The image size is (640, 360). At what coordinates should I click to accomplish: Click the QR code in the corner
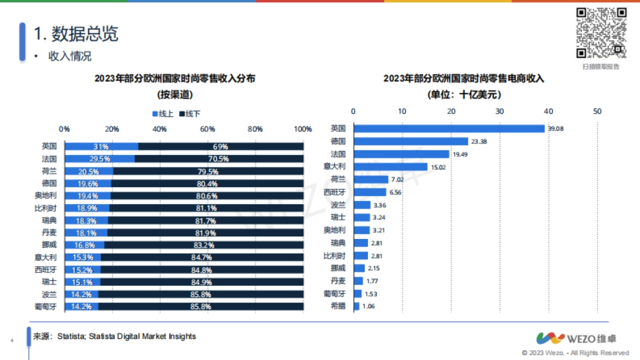click(601, 33)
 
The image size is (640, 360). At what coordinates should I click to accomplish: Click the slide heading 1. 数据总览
click(76, 34)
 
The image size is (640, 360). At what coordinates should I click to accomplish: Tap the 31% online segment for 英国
click(101, 147)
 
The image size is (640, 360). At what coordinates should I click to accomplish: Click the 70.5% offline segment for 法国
click(219, 159)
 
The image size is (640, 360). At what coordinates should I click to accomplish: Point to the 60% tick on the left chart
click(207, 129)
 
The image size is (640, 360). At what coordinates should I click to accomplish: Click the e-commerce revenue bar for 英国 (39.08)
click(449, 129)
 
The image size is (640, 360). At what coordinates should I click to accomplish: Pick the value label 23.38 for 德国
click(478, 141)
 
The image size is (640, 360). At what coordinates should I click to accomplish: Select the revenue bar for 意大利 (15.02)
click(390, 167)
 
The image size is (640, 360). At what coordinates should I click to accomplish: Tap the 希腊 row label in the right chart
click(338, 306)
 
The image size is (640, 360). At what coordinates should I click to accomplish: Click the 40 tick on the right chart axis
click(548, 111)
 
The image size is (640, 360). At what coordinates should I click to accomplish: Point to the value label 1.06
click(369, 306)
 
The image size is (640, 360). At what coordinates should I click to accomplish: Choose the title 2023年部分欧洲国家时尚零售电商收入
click(463, 79)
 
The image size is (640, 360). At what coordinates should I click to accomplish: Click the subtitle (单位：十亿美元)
click(463, 94)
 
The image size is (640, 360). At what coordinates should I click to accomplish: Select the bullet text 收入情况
click(70, 56)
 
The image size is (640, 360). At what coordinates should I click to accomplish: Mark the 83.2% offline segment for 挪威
click(204, 245)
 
